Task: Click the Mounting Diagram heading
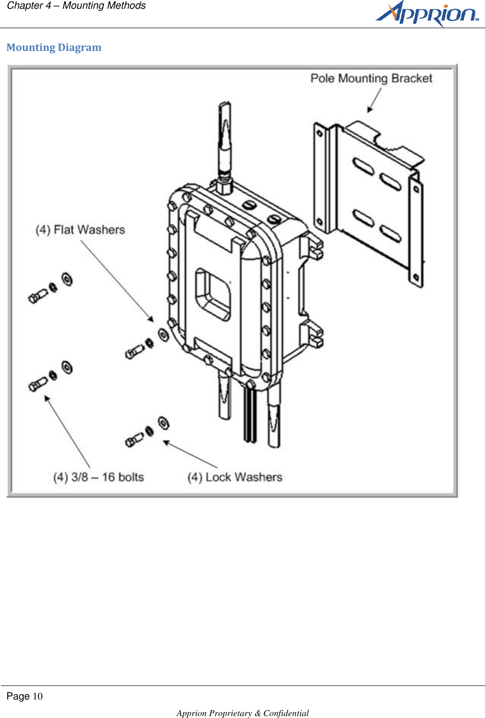pyautogui.click(x=54, y=48)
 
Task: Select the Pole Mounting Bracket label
pyautogui.click(x=371, y=79)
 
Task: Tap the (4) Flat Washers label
pyautogui.click(x=80, y=230)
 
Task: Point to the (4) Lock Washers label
pyautogui.click(x=234, y=477)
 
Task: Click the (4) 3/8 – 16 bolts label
pyautogui.click(x=99, y=477)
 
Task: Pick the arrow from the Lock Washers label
pyautogui.click(x=190, y=454)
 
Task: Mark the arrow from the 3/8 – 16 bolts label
pyautogui.click(x=67, y=431)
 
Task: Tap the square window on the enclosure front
pyautogui.click(x=213, y=294)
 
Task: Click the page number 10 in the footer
pyautogui.click(x=37, y=697)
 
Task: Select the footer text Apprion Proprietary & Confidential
pyautogui.click(x=242, y=713)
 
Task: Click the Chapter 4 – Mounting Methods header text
pyautogui.click(x=76, y=6)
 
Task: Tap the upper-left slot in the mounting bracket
pyautogui.click(x=363, y=167)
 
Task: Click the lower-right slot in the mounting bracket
pyautogui.click(x=390, y=234)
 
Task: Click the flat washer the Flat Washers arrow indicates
pyautogui.click(x=163, y=334)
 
